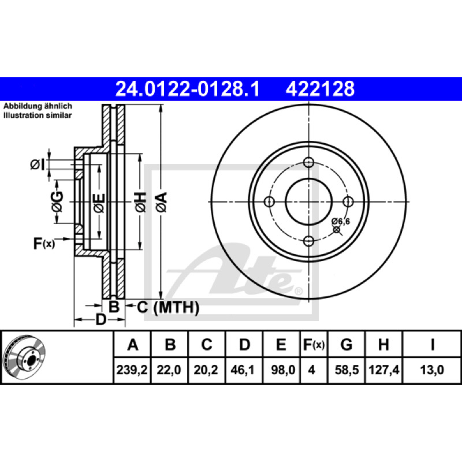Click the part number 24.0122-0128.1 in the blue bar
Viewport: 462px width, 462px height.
pyautogui.click(x=187, y=89)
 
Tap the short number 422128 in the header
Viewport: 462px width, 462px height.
pyautogui.click(x=320, y=89)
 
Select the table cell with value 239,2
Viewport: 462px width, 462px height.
pyautogui.click(x=132, y=370)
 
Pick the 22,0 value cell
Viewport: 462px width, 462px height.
pyautogui.click(x=169, y=370)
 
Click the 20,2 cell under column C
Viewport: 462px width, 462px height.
pyautogui.click(x=206, y=370)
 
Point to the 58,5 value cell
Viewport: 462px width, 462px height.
pyautogui.click(x=347, y=370)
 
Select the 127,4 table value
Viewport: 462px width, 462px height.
pyautogui.click(x=384, y=370)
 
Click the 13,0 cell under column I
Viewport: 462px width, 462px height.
pyautogui.click(x=432, y=370)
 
